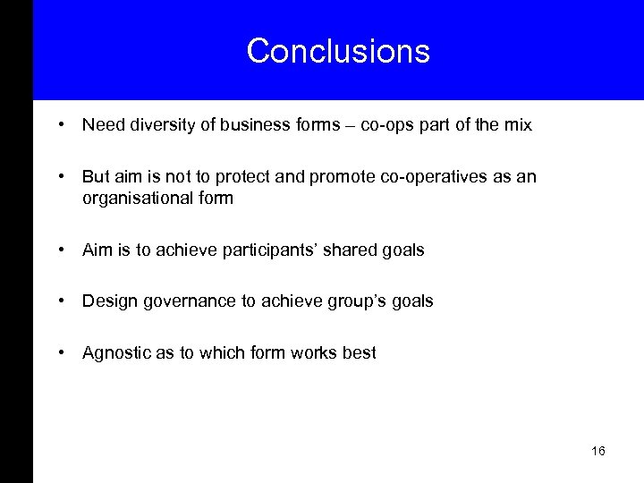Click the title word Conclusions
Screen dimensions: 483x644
click(338, 51)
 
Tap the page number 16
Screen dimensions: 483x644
click(597, 451)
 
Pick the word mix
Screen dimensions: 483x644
click(518, 125)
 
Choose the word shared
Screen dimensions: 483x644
click(350, 250)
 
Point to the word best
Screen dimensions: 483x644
click(359, 352)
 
